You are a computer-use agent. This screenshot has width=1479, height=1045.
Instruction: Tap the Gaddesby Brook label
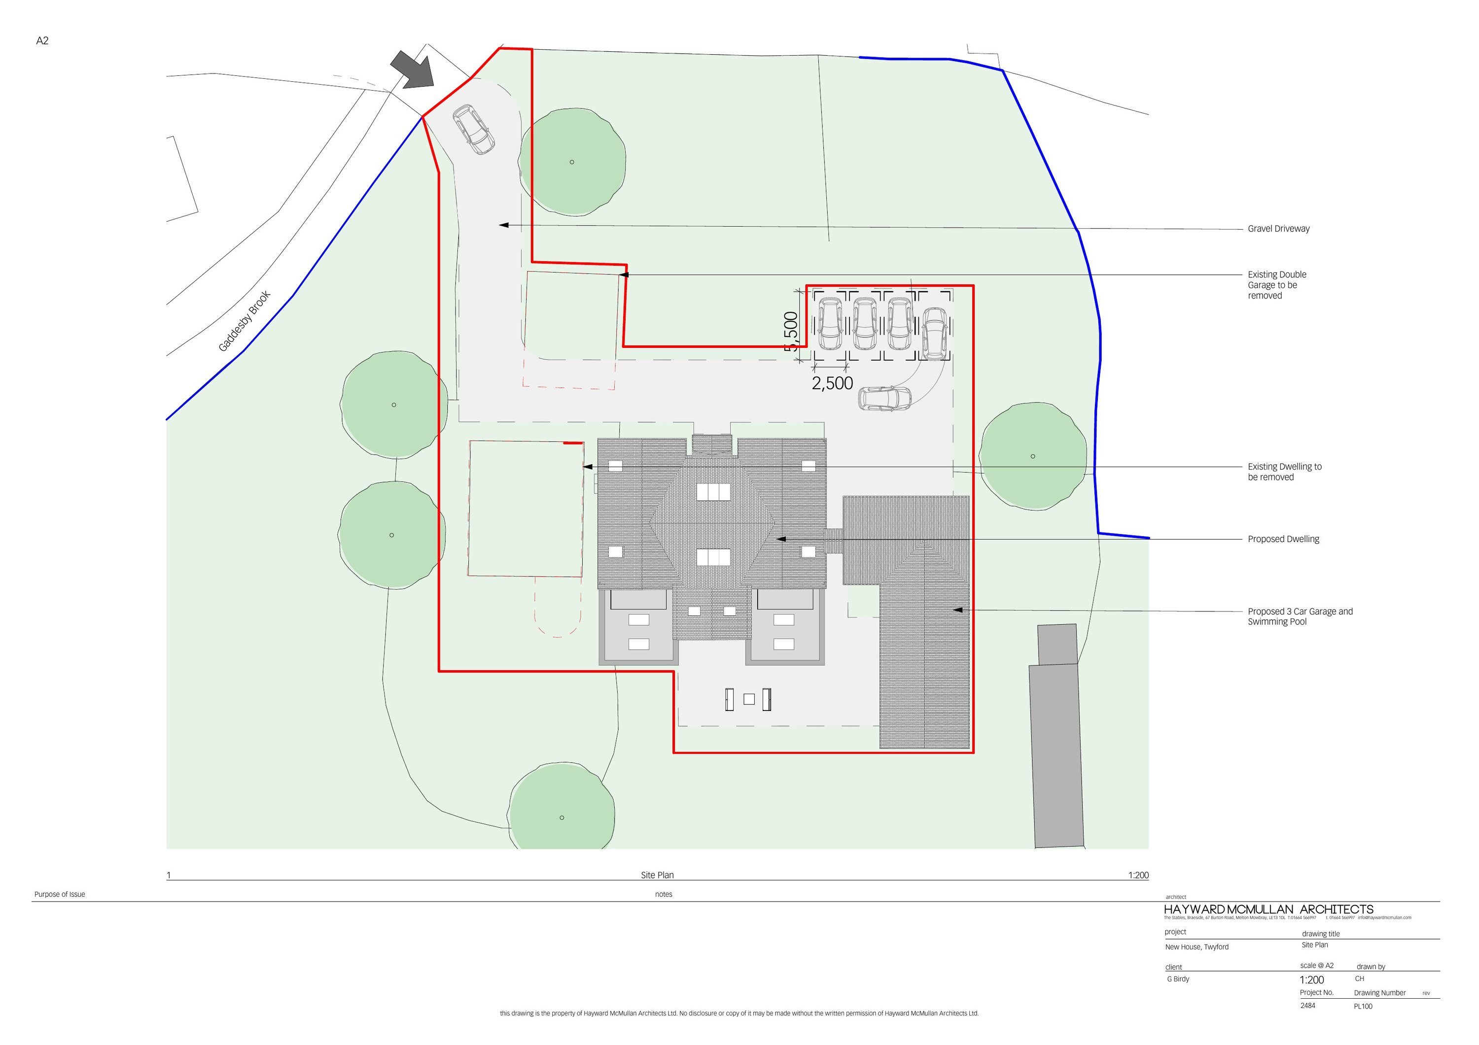pyautogui.click(x=245, y=321)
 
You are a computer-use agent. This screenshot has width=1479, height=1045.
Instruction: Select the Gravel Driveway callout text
pyautogui.click(x=1278, y=229)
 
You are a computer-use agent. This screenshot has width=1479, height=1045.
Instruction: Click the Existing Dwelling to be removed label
pyautogui.click(x=1284, y=472)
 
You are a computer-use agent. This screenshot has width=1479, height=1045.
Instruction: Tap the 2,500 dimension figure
pyautogui.click(x=832, y=384)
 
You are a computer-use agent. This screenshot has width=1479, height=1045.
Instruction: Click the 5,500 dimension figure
pyautogui.click(x=791, y=331)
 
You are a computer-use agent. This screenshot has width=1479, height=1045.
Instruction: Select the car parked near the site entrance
pyautogui.click(x=473, y=130)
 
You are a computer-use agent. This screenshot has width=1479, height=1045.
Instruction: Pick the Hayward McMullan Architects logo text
pyautogui.click(x=1268, y=909)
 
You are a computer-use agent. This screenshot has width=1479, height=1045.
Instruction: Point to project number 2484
pyautogui.click(x=1307, y=1005)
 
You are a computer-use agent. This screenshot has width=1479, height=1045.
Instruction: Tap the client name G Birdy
pyautogui.click(x=1178, y=978)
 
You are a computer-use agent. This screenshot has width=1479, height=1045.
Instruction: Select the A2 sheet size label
pyautogui.click(x=42, y=40)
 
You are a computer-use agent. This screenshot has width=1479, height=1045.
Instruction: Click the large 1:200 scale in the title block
pyautogui.click(x=1311, y=980)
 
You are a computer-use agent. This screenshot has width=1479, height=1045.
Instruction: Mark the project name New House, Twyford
pyautogui.click(x=1196, y=947)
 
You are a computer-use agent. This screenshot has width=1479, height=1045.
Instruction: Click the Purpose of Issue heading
pyautogui.click(x=60, y=894)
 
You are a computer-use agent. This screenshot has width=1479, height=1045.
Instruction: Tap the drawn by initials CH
pyautogui.click(x=1359, y=978)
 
